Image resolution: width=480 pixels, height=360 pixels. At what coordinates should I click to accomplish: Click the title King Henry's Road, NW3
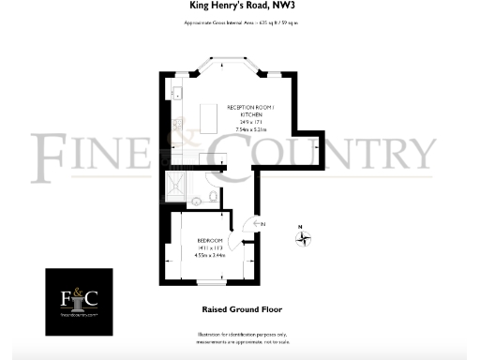(x=239, y=7)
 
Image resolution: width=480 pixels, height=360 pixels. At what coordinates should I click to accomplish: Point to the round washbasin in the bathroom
(x=196, y=202)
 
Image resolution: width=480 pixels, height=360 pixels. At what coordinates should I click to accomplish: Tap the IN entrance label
(x=263, y=224)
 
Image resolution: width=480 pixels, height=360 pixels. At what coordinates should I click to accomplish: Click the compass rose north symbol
(x=304, y=238)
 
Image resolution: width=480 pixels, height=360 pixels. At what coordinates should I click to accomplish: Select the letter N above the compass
(x=301, y=226)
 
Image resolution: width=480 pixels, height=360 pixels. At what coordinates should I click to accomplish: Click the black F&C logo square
(x=80, y=301)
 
